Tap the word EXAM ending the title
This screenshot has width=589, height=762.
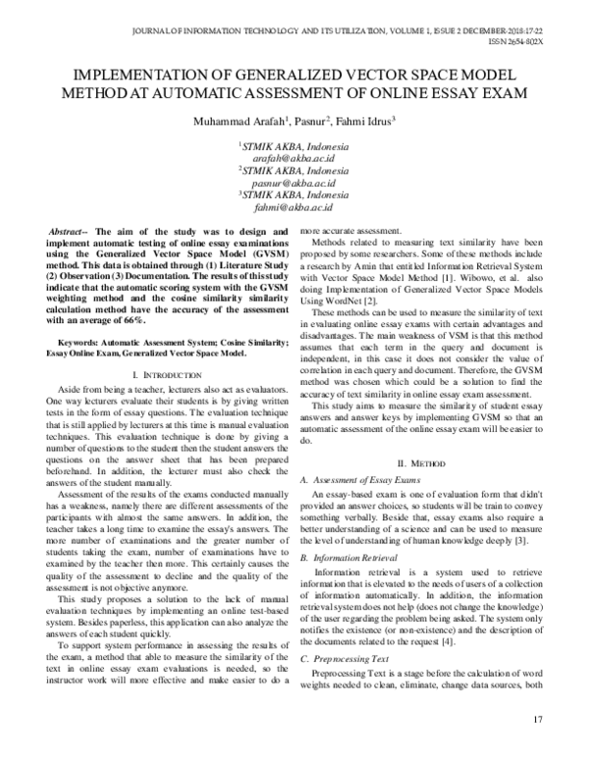point(502,93)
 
